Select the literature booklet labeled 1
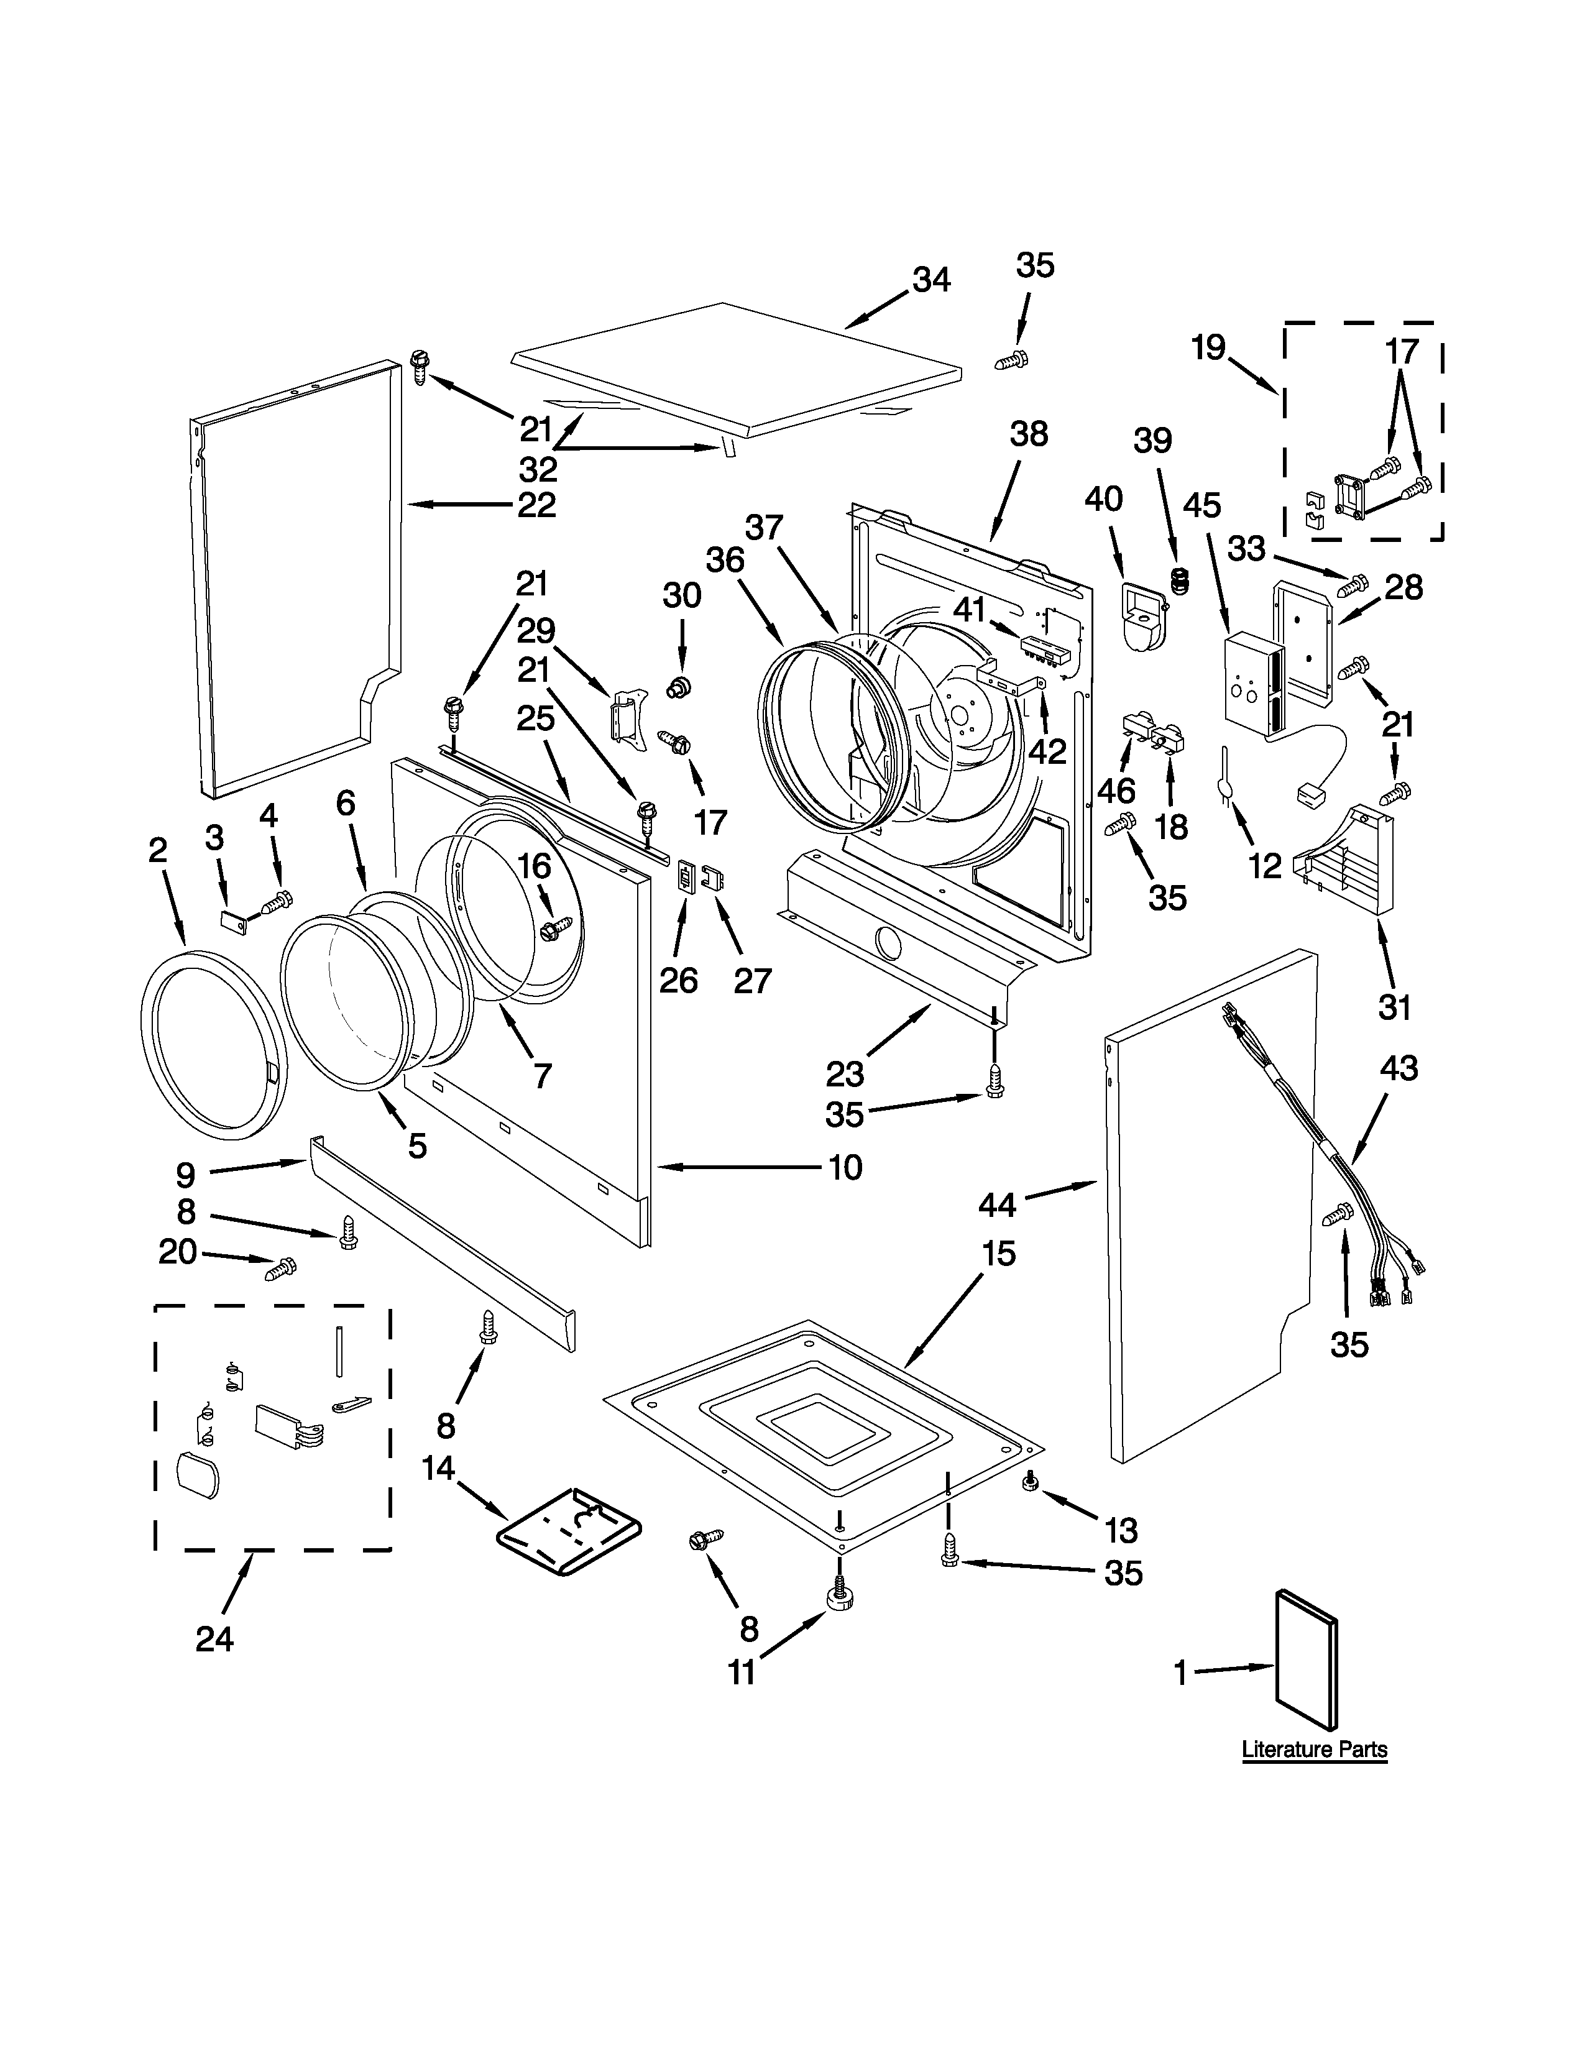[1306, 1659]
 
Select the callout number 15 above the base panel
[998, 1253]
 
